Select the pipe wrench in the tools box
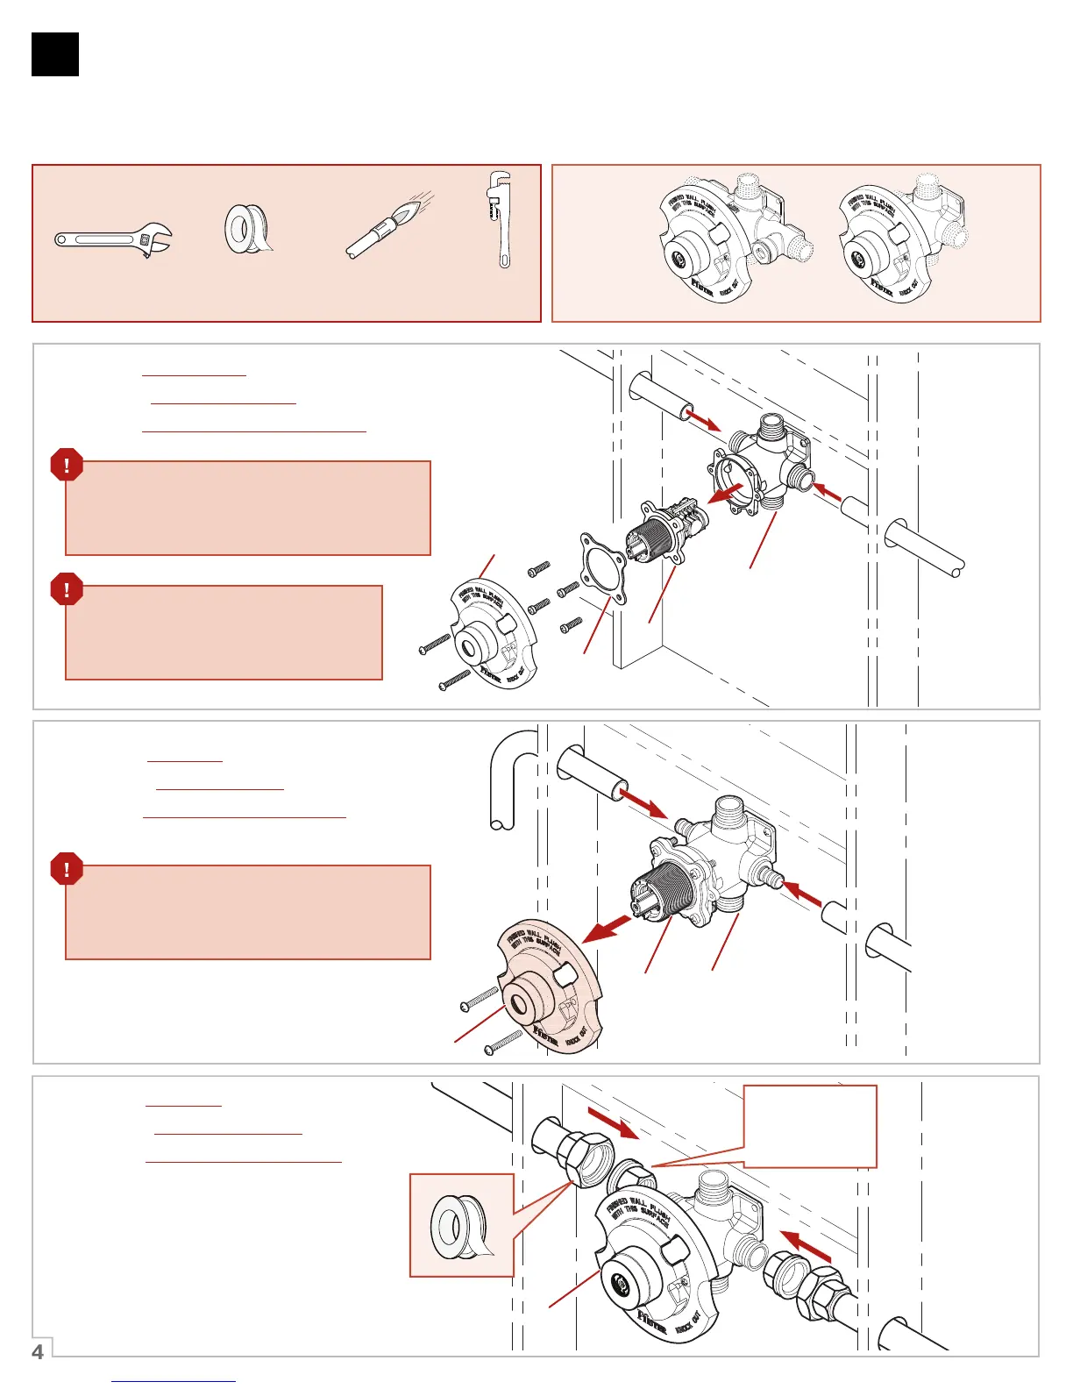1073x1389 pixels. point(500,219)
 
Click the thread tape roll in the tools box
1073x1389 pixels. point(247,230)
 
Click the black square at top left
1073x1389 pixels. point(55,54)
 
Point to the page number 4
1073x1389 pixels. point(38,1351)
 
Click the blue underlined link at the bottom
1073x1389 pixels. point(174,1381)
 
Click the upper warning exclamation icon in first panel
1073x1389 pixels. point(67,465)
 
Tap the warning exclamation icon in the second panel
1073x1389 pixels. point(67,870)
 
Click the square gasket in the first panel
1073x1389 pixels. point(603,567)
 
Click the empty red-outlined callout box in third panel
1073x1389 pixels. point(810,1126)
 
